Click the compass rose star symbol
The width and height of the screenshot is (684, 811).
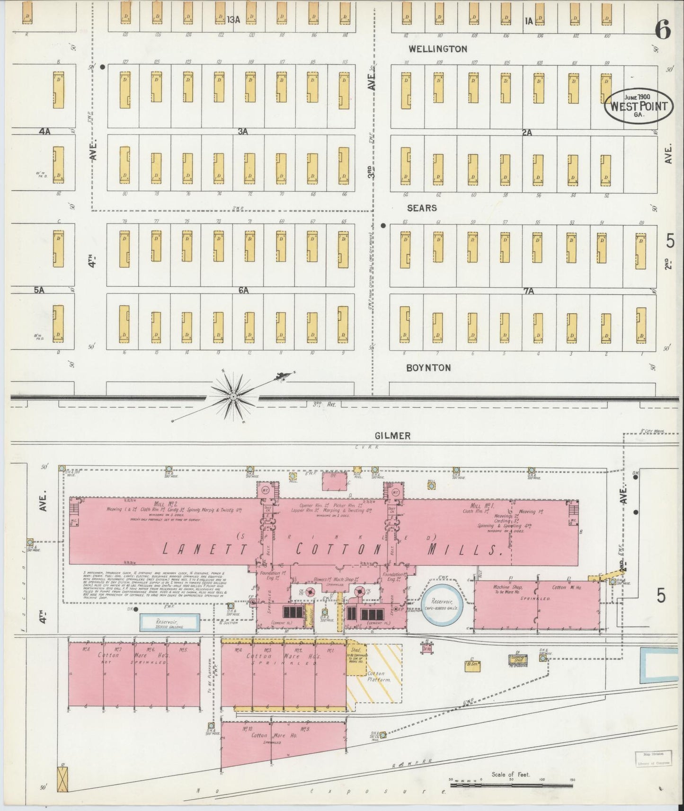coord(233,395)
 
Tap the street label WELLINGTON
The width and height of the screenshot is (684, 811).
coord(438,49)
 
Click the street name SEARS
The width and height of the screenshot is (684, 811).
coord(422,208)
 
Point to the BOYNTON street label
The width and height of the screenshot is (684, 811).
coord(428,368)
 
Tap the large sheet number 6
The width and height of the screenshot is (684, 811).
coord(663,31)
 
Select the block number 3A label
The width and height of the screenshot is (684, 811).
coord(243,132)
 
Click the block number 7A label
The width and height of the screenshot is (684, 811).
coord(529,291)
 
